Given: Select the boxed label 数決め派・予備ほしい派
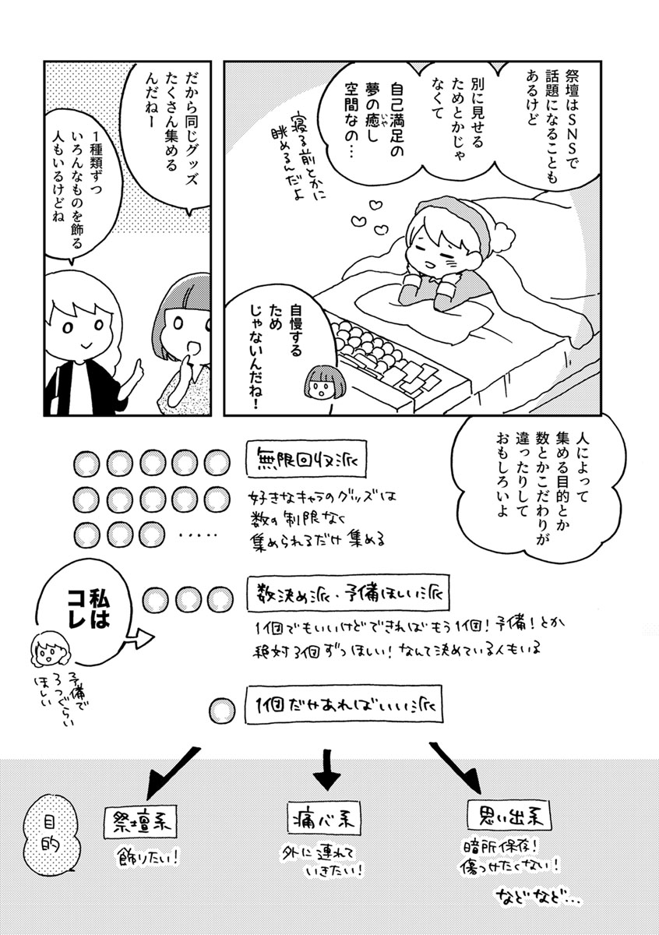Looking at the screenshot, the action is [x=348, y=595].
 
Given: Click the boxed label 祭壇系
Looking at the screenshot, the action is [x=140, y=822].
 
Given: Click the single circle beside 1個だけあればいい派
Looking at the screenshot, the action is [x=222, y=711].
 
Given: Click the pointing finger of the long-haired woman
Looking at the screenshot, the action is [x=142, y=368].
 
